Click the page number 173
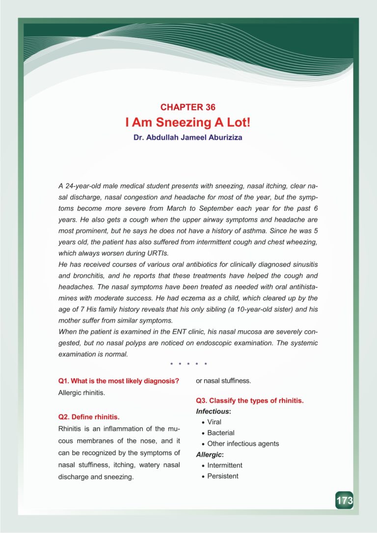point(344,501)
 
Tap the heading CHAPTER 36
point(188,107)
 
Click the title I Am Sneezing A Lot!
point(188,122)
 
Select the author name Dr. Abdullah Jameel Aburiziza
point(188,138)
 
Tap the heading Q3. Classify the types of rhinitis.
point(250,400)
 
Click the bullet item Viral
point(215,422)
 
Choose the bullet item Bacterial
point(221,433)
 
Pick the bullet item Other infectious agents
point(243,444)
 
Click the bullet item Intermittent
point(225,465)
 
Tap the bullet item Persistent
point(223,476)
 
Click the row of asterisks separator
point(188,365)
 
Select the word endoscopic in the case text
point(223,342)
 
